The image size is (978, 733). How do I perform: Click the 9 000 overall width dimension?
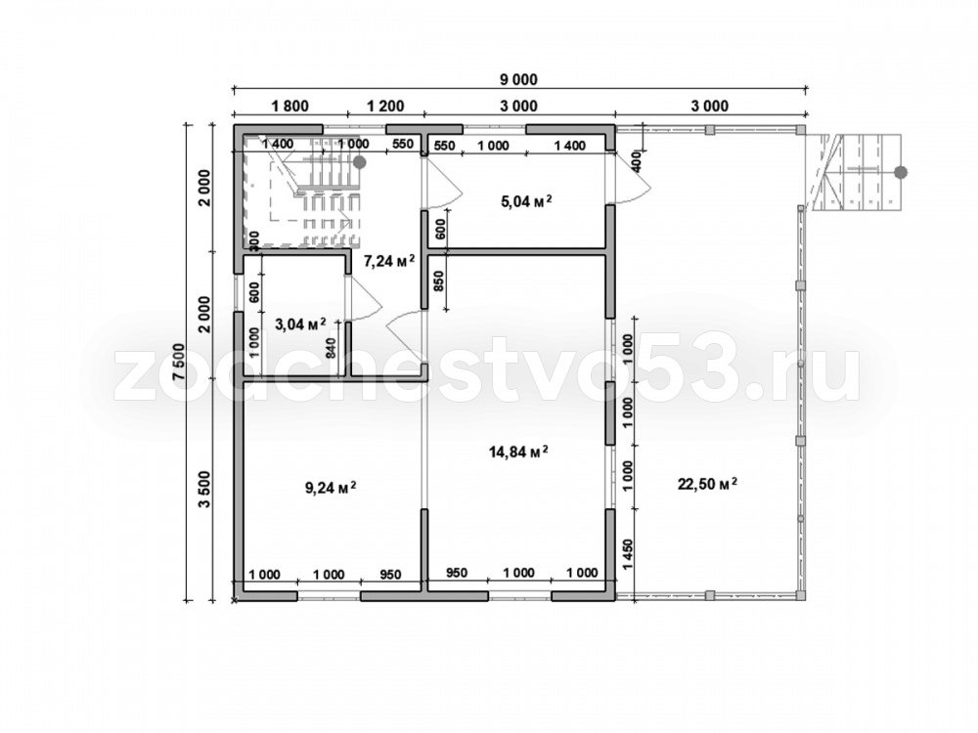click(x=518, y=80)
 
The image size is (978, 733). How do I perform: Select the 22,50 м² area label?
click(x=708, y=484)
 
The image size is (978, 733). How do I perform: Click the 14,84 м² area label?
click(x=518, y=452)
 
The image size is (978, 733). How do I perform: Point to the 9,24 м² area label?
click(x=331, y=488)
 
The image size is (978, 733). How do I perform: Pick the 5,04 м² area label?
click(x=526, y=200)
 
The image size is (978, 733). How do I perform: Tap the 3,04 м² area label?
click(x=300, y=323)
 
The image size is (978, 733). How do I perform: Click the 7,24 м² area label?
click(x=389, y=261)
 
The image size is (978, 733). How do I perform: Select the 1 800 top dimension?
click(x=290, y=106)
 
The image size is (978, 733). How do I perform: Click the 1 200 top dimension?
click(x=385, y=106)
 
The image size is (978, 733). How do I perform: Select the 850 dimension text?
click(x=438, y=283)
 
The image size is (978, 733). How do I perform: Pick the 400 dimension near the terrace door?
click(x=637, y=161)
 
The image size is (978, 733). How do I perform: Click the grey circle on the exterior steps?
click(x=901, y=173)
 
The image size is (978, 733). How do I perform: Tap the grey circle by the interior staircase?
click(x=359, y=162)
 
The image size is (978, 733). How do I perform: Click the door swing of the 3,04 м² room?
click(x=364, y=299)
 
